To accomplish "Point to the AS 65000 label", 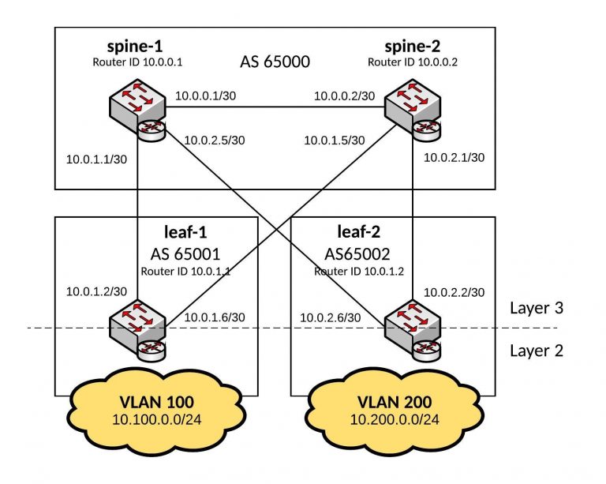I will pos(274,61).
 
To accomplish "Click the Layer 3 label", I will pos(536,308).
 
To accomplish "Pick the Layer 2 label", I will pos(536,350).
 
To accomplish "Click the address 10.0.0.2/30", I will pos(343,96).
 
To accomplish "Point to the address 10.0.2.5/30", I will pos(213,141).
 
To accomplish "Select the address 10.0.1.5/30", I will pos(335,141).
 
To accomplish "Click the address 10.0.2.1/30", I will pos(454,157).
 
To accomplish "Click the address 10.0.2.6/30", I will pos(331,317).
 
